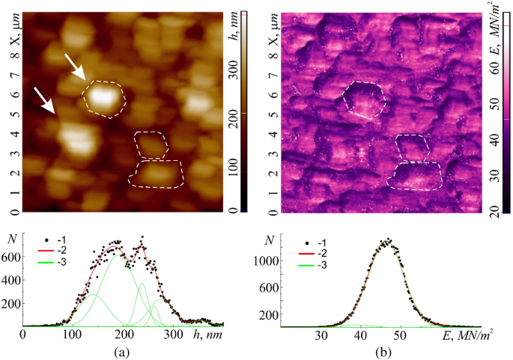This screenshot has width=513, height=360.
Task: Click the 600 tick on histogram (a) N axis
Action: [x=13, y=256]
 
